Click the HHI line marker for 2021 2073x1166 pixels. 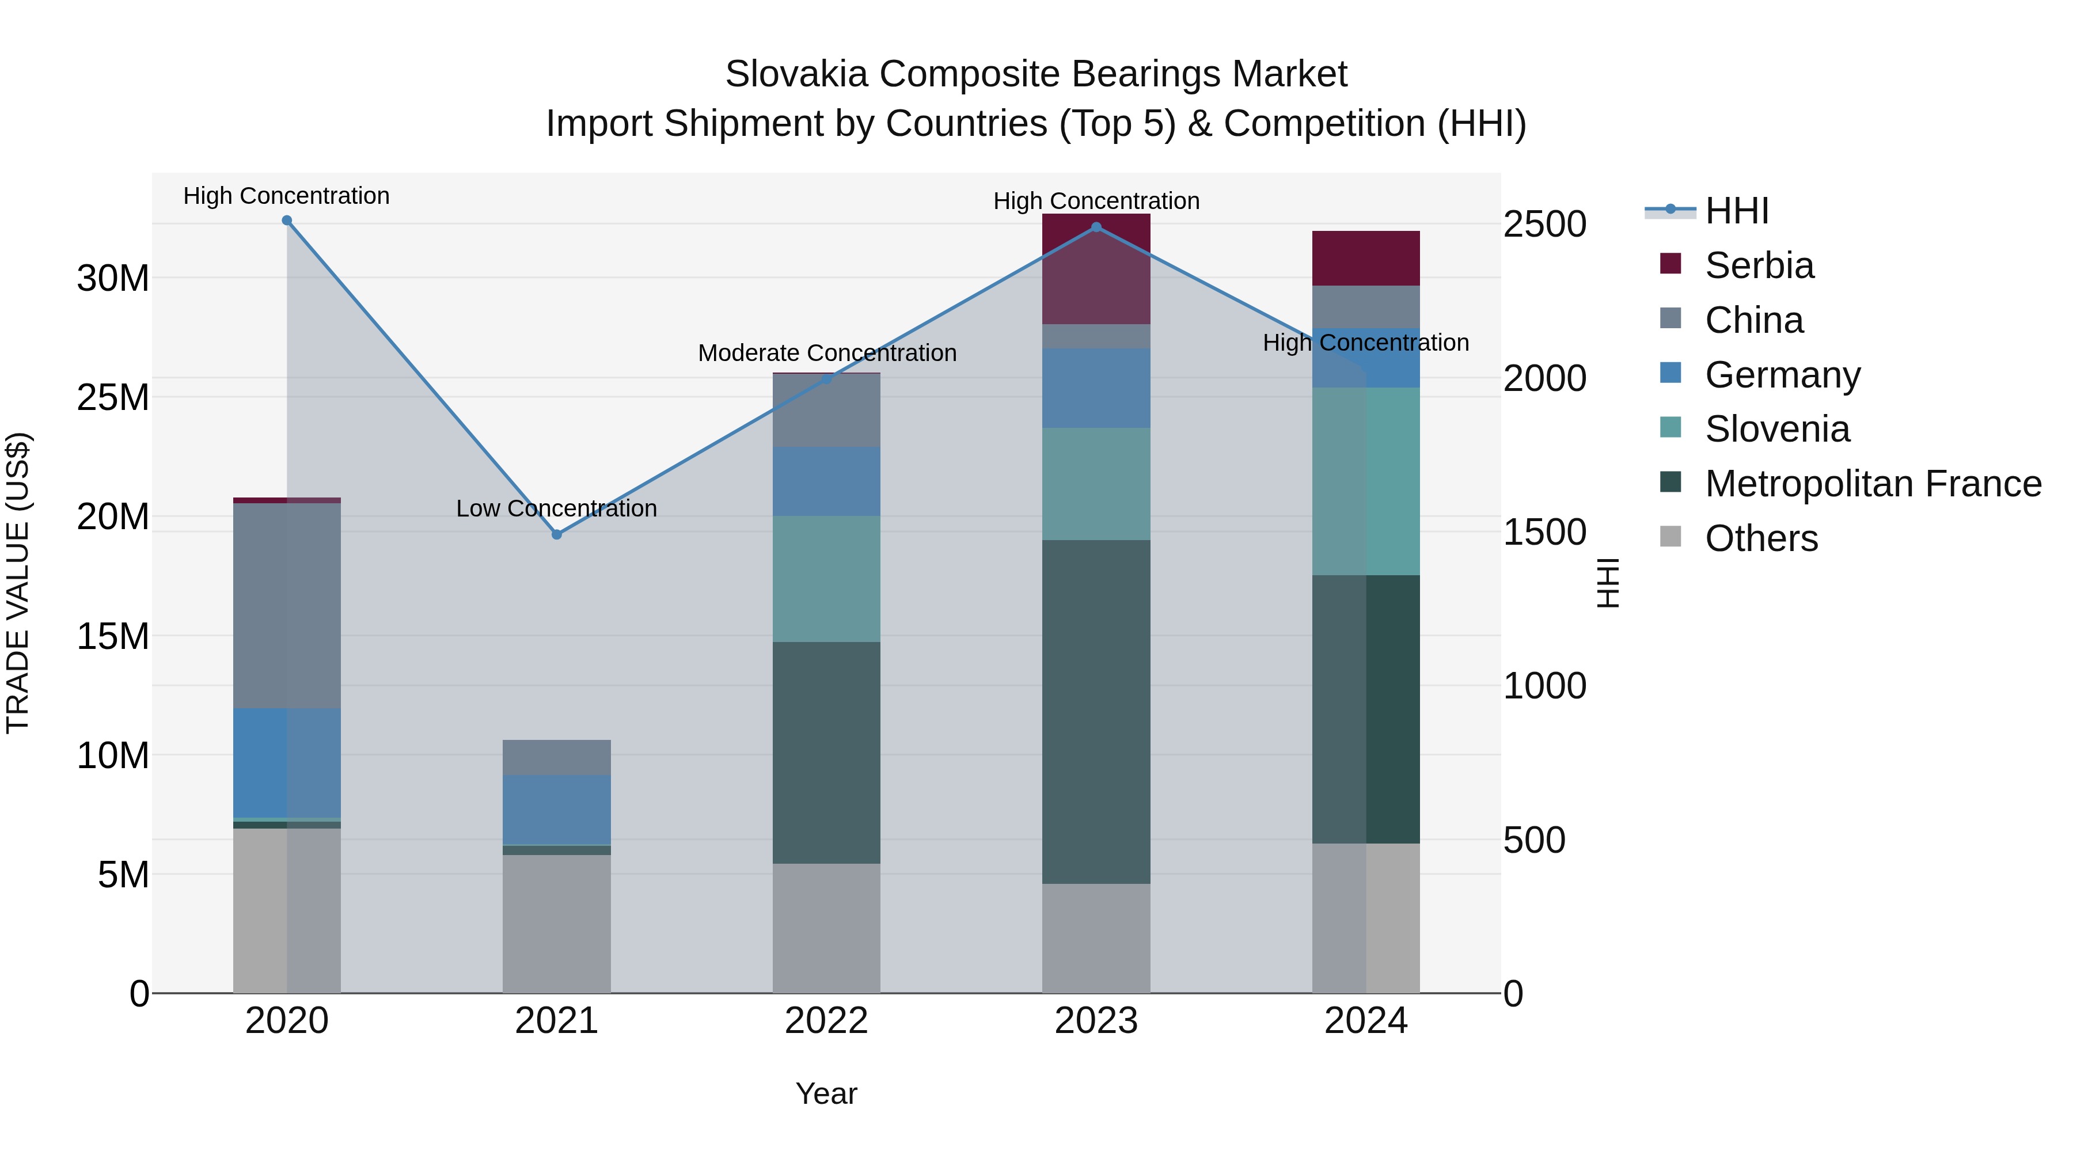click(556, 534)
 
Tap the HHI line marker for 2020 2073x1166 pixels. click(287, 221)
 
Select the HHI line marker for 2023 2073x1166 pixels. click(1095, 227)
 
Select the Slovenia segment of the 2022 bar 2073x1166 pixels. click(826, 579)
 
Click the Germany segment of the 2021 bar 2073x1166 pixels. click(556, 809)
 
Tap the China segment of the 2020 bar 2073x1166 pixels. click(287, 605)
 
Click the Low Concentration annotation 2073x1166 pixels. click(556, 508)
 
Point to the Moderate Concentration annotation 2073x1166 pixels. click(826, 354)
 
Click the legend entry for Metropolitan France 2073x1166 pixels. click(1873, 484)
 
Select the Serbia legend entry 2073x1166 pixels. click(1759, 265)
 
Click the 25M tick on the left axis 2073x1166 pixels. click(113, 397)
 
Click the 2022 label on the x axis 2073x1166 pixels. click(826, 1021)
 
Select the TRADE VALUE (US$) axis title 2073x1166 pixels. click(18, 583)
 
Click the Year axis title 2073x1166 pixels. click(826, 1093)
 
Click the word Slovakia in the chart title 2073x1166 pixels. click(796, 74)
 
